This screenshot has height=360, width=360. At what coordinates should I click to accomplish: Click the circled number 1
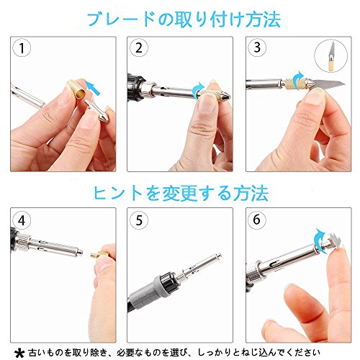22,48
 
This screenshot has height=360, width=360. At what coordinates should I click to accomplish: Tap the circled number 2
139,48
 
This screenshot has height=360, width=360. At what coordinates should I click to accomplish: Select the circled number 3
257,48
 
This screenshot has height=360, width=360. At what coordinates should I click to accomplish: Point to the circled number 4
22,220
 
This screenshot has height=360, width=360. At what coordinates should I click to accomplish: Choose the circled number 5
139,220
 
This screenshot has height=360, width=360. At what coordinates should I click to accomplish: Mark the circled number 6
257,220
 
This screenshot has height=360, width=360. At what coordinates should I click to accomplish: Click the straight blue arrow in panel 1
93,88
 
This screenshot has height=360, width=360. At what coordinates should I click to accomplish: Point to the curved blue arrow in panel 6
320,237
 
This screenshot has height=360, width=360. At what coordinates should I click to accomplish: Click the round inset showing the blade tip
331,55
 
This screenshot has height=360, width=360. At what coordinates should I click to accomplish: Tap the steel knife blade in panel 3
329,85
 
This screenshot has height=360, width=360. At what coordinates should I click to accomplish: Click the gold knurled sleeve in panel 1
76,89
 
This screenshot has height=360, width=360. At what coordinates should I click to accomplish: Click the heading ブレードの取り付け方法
184,19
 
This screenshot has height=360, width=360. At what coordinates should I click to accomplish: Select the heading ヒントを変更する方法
181,193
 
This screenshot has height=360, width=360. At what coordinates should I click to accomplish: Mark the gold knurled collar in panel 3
294,84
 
